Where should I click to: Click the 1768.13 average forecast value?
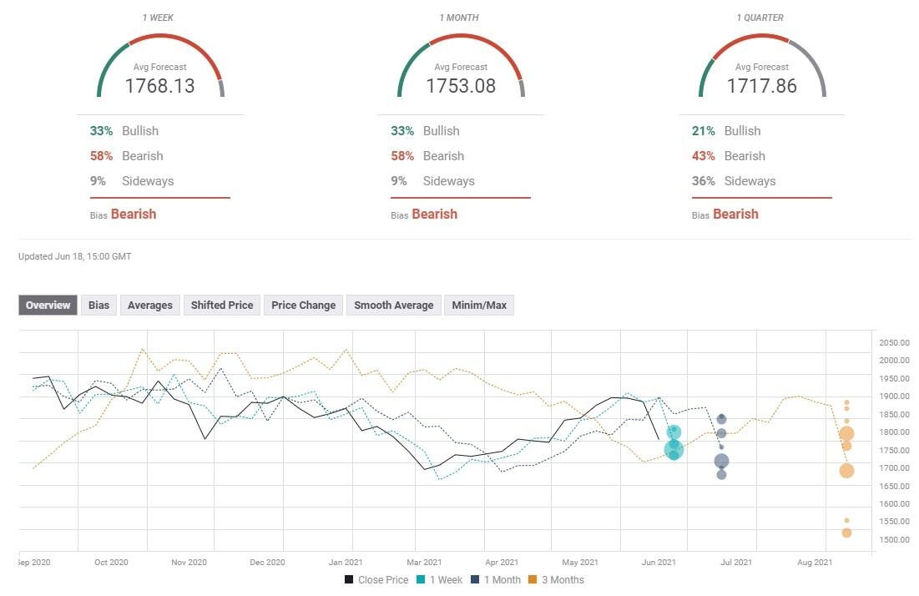(160, 85)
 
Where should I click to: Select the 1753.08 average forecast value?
(461, 85)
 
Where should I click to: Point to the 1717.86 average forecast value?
(761, 85)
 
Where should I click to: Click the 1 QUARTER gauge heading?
(761, 18)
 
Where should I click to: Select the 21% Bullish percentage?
(703, 131)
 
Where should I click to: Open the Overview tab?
(48, 306)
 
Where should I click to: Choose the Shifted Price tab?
(221, 306)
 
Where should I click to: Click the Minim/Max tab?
(479, 306)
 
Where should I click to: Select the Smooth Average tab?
(393, 306)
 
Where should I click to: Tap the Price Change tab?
(303, 306)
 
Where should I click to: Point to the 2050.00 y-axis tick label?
(893, 343)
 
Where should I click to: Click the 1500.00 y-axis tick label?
(893, 540)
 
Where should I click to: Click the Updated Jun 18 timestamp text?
(74, 256)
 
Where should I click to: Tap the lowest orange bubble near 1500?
(846, 533)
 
